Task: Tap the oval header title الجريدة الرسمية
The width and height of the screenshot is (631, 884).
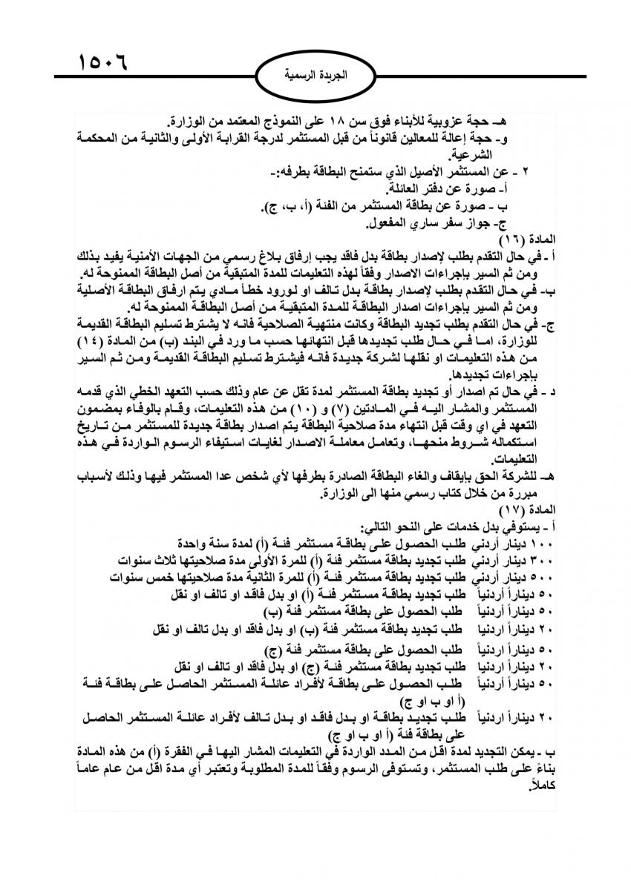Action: click(316, 75)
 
